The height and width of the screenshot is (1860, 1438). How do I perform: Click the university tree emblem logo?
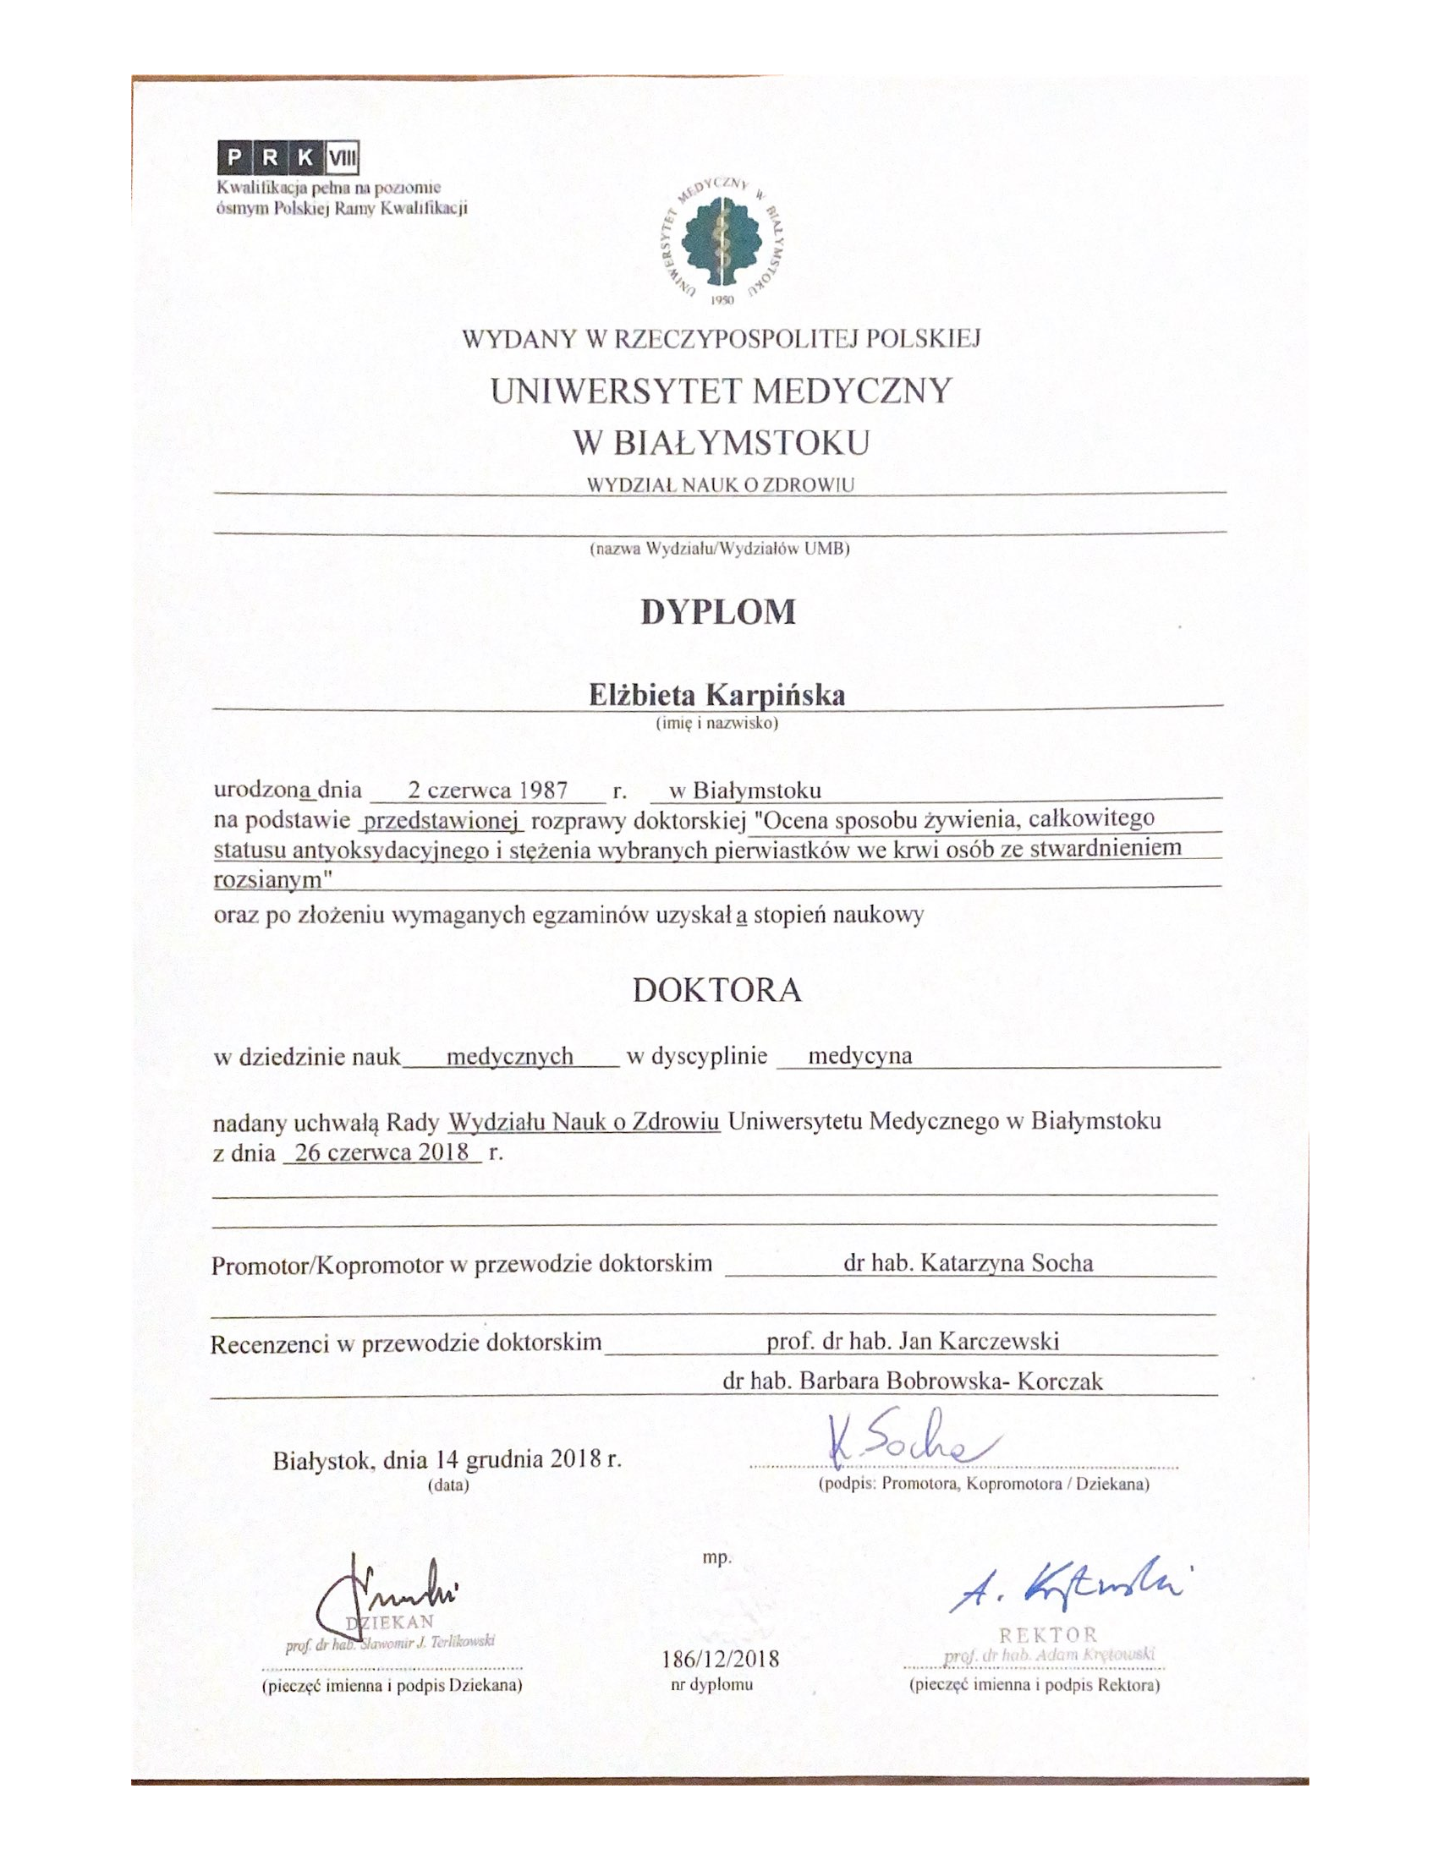click(723, 243)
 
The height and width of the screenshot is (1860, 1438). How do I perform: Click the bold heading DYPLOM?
click(718, 613)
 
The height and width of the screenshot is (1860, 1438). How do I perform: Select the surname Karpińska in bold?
click(777, 696)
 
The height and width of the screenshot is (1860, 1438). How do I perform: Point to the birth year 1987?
click(544, 790)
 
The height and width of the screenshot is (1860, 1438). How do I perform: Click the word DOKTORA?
click(717, 991)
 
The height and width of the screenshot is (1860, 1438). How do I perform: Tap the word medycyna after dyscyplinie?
click(859, 1056)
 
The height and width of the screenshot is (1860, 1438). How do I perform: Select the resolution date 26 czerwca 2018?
click(381, 1152)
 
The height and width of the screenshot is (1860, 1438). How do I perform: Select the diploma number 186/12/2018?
click(720, 1659)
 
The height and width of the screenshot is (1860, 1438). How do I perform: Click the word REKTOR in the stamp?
click(1049, 1634)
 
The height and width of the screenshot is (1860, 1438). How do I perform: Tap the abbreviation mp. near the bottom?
click(716, 1557)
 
